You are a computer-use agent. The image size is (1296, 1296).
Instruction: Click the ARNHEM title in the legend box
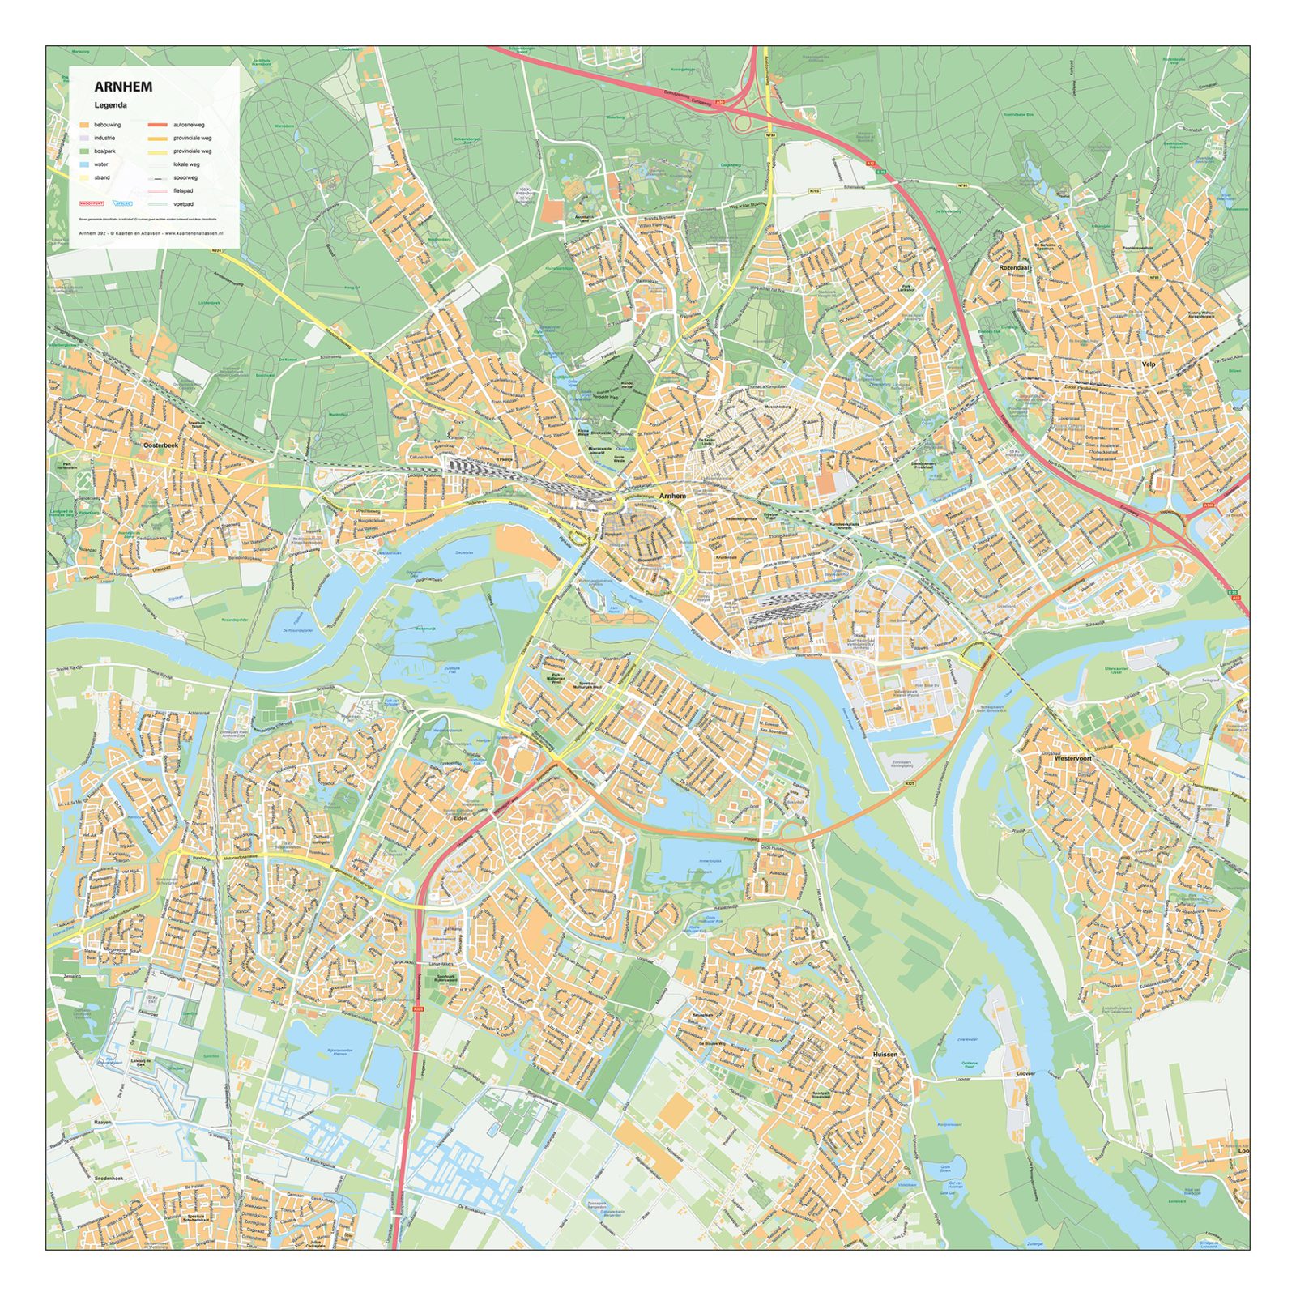(x=122, y=87)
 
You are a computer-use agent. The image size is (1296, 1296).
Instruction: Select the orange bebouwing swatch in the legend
(x=84, y=125)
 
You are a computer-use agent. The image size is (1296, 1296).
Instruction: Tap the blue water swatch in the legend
(x=84, y=164)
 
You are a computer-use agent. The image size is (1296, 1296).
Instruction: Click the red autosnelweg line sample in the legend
(x=158, y=125)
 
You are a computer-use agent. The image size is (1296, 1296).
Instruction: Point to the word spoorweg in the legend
(x=185, y=177)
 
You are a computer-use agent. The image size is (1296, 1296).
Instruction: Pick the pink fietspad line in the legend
(x=158, y=191)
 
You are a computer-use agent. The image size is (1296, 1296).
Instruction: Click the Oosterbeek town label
(x=160, y=446)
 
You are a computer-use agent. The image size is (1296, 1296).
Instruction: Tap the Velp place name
(x=1149, y=364)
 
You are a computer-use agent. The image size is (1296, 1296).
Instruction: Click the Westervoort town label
(x=1072, y=758)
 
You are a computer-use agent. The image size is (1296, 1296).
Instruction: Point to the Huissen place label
(x=885, y=1055)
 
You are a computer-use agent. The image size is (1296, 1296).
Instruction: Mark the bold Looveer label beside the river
(x=1025, y=1073)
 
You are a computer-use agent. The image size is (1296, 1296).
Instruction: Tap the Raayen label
(x=103, y=1122)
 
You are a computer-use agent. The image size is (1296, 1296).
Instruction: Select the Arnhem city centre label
(x=672, y=496)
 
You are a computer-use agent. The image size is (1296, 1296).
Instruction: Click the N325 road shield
(x=910, y=783)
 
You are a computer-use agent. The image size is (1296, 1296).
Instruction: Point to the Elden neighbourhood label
(x=461, y=818)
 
